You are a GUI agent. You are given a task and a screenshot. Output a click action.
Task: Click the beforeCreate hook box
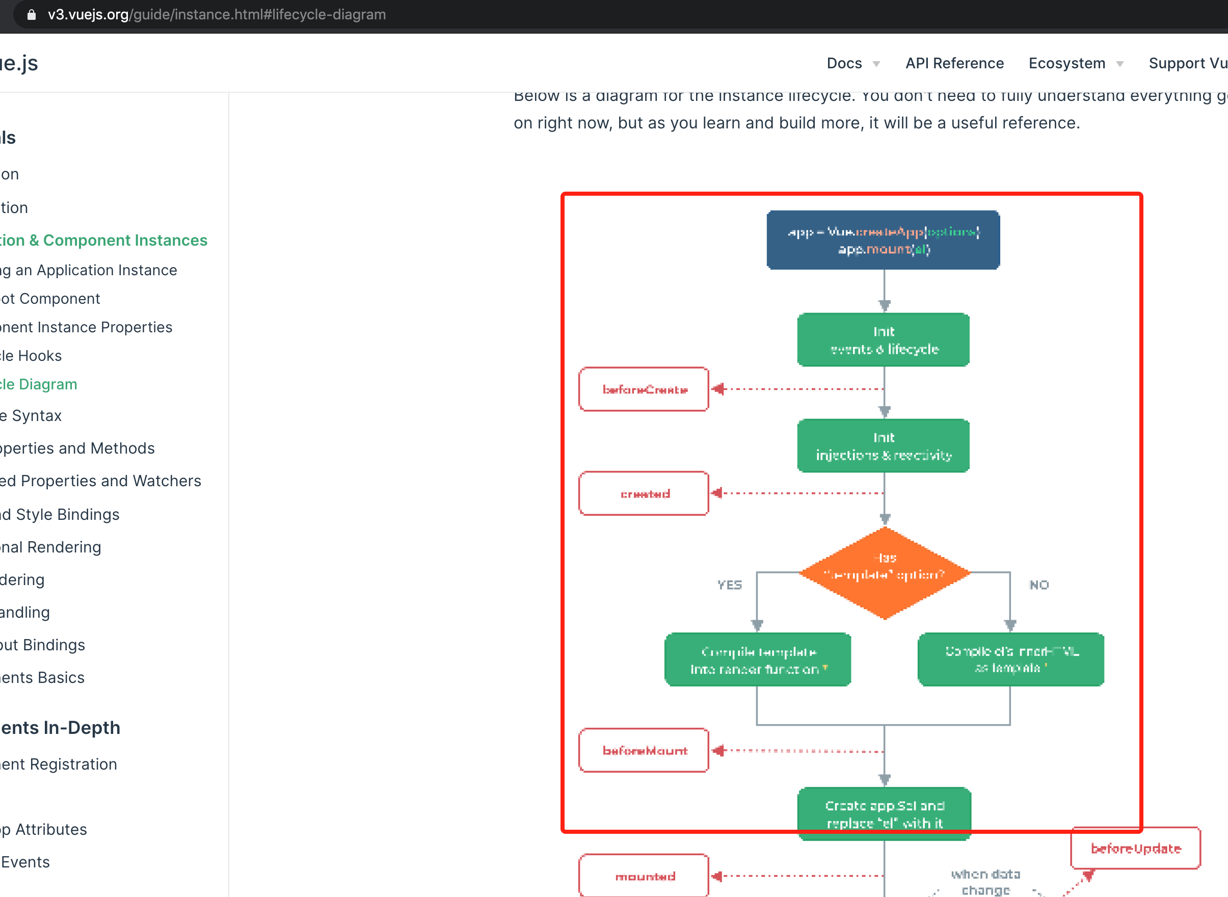644,389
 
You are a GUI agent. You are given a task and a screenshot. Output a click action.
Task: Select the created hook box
644,493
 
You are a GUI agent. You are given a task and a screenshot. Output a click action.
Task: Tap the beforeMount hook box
644,750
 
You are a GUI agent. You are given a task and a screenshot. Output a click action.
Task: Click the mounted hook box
644,876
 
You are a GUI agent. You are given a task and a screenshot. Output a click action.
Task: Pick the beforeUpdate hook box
1135,848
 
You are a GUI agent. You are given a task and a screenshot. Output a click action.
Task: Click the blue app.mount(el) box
883,240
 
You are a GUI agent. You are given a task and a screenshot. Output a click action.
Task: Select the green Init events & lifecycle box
883,340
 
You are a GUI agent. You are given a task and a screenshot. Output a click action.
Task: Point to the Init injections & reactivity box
883,446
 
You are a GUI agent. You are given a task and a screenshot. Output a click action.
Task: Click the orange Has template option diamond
885,572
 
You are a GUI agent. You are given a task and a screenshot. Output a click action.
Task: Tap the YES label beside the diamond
729,585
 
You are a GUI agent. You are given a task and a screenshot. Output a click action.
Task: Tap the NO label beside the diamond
1039,585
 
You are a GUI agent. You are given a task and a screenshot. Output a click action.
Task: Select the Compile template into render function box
757,659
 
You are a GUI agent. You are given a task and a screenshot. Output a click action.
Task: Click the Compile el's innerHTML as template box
1011,659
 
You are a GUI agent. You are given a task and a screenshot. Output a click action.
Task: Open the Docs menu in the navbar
852,64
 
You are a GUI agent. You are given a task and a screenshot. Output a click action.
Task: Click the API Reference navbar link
954,64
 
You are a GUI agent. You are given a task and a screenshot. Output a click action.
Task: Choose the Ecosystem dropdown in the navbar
1075,64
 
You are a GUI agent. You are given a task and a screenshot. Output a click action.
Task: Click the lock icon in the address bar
32,15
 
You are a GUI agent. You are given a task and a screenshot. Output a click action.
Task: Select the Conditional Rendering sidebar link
50,547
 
